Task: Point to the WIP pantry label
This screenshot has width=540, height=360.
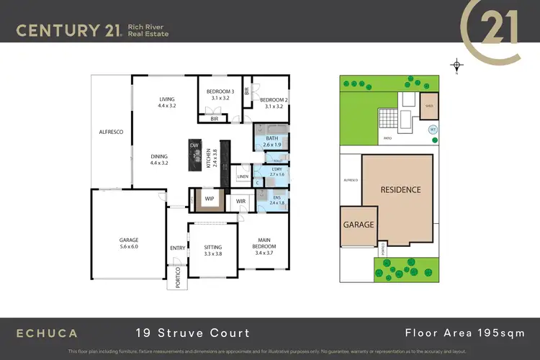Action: point(210,197)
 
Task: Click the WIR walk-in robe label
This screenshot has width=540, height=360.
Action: point(240,202)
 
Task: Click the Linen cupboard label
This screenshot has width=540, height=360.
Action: point(243,176)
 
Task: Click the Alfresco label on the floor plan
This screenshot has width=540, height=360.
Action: point(111,132)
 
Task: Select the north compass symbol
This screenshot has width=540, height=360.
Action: point(456,66)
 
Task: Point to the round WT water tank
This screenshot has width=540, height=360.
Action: point(433,130)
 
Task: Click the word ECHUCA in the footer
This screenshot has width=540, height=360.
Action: point(48,333)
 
